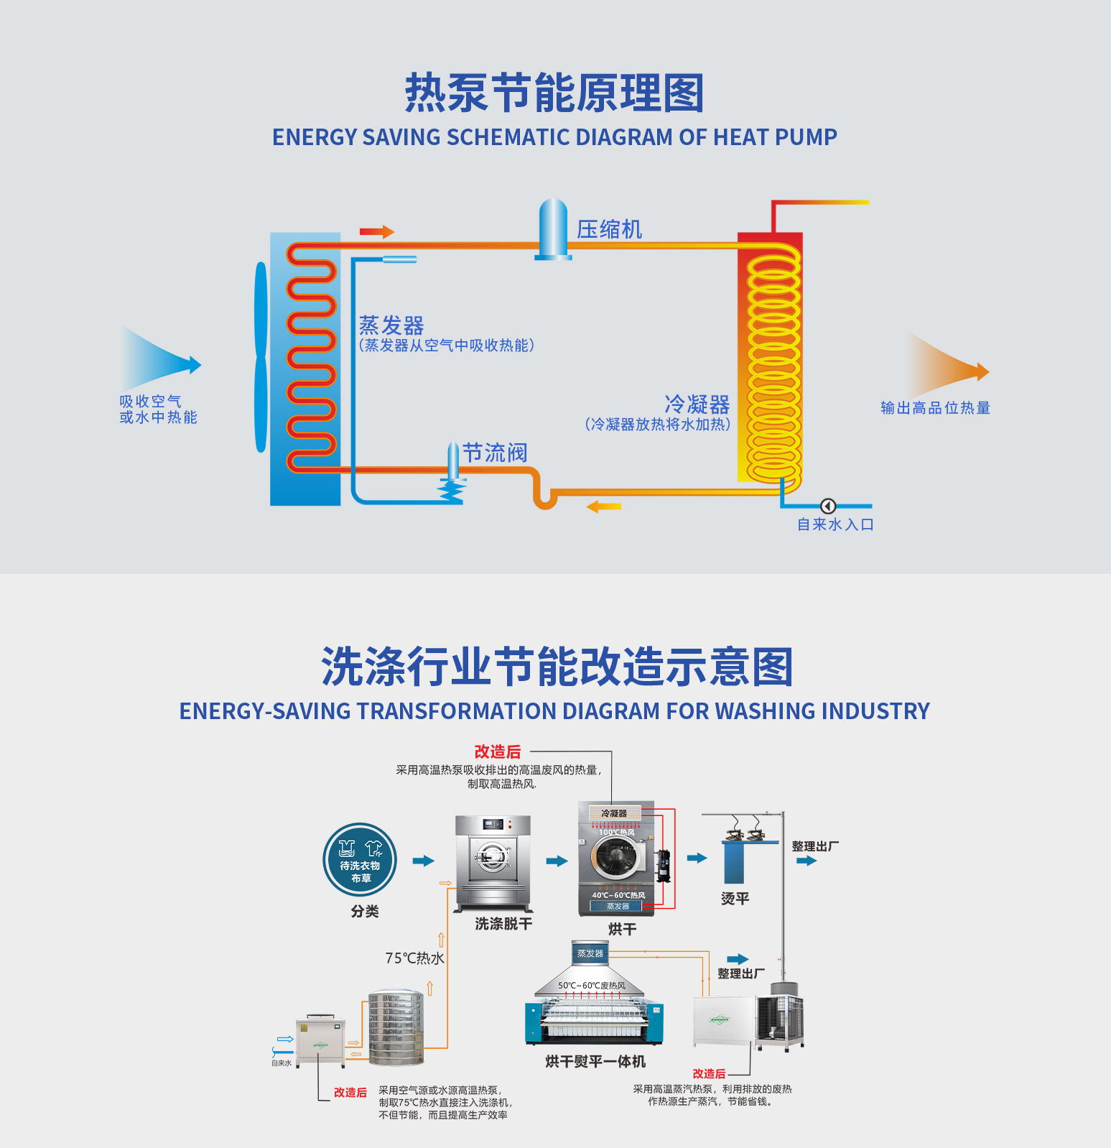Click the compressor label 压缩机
609,229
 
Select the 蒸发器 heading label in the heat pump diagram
391,325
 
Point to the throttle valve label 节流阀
495,453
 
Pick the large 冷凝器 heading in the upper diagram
697,404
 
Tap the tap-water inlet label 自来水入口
835,524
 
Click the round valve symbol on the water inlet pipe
827,506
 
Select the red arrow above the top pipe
377,231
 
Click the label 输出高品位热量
935,408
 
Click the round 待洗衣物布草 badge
360,859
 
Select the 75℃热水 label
414,958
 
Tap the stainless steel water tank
396,1027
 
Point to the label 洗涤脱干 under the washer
503,924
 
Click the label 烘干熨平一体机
595,1061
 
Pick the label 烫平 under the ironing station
735,899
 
